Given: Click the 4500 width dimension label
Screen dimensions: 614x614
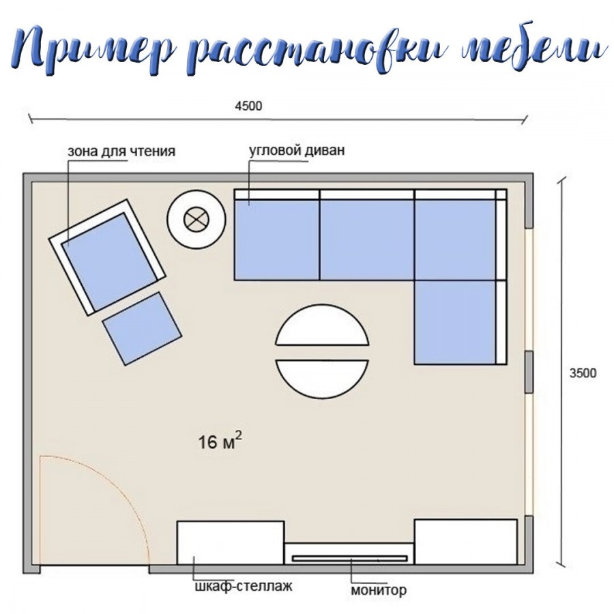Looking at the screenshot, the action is point(248,106).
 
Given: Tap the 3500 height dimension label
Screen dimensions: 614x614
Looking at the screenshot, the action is point(583,373).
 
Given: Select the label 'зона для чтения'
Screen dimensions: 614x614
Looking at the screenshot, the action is point(121,151).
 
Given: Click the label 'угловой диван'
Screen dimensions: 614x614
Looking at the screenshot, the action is point(297,150).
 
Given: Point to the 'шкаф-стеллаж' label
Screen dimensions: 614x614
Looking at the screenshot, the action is point(244,586).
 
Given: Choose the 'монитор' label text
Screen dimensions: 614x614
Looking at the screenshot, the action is point(379,589).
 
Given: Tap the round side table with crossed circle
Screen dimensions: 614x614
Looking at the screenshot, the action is point(196,219).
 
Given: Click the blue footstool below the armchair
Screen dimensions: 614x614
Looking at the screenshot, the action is point(142,329).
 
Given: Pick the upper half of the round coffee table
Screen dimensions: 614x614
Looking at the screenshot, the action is point(322,325).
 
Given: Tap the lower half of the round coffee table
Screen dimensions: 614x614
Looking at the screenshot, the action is point(322,379).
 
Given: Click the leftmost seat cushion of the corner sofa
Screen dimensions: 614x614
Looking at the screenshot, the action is point(277,239).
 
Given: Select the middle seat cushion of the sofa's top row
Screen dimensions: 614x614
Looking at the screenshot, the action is point(367,239).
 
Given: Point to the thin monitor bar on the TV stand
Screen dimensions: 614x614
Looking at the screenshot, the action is point(351,558).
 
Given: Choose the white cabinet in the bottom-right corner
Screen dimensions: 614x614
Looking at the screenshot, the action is point(466,542).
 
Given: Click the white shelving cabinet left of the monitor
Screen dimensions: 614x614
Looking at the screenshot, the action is point(231,543).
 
